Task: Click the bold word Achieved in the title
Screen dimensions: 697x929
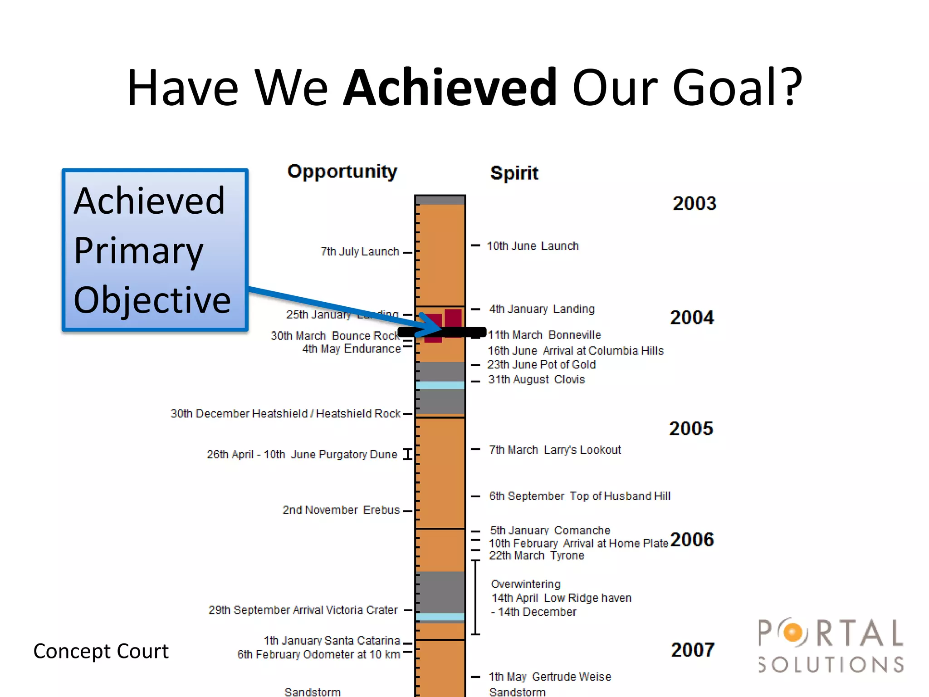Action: coord(450,87)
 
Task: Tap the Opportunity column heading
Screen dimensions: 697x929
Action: coord(342,172)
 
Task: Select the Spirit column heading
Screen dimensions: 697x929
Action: coord(514,173)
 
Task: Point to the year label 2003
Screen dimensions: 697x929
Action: coord(694,203)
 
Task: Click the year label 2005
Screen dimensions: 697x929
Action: coord(691,428)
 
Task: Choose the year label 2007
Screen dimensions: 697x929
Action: coord(692,650)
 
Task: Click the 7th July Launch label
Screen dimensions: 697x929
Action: coord(360,251)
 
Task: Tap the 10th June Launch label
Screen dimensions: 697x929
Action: coord(533,246)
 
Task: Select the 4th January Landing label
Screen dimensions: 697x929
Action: coord(542,309)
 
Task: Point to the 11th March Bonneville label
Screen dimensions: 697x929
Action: coord(544,335)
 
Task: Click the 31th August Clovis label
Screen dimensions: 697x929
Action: coord(536,379)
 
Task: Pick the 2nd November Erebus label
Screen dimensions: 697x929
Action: coord(341,510)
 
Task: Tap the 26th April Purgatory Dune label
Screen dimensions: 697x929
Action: coord(302,454)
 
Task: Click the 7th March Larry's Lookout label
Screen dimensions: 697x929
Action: coord(555,450)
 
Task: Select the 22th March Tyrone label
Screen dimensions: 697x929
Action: coord(536,555)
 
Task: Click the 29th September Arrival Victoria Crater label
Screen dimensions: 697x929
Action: coord(303,610)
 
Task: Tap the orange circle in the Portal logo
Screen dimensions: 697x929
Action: coord(792,632)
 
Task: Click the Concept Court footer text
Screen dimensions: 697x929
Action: coord(101,651)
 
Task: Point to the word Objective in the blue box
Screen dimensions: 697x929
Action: coord(152,300)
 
